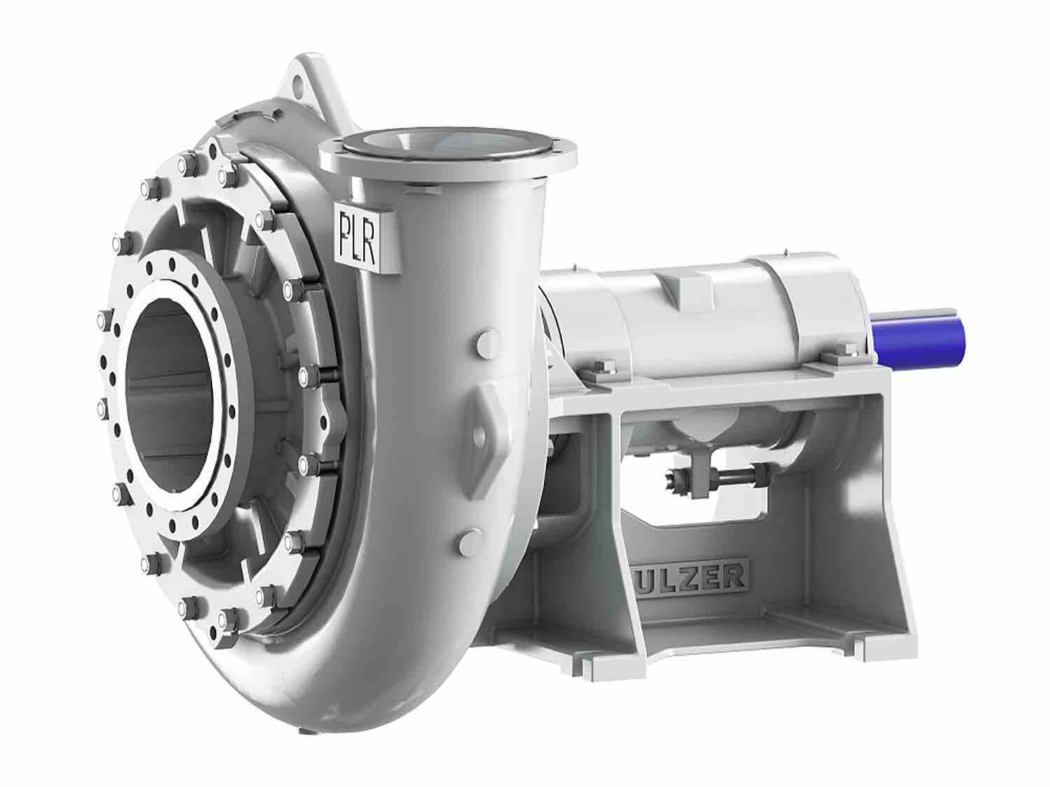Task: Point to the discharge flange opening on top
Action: click(449, 144)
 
